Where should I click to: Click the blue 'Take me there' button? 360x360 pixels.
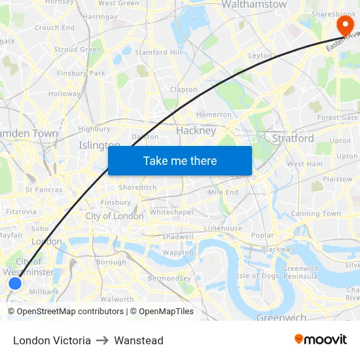click(x=180, y=160)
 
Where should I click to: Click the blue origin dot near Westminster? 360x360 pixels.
click(x=15, y=283)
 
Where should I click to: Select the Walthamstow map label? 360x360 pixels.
click(x=255, y=5)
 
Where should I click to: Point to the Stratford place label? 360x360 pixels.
click(x=293, y=138)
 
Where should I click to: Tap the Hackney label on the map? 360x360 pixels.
click(x=196, y=130)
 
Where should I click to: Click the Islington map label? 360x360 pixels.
click(x=99, y=145)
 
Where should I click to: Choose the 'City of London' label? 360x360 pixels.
click(x=115, y=216)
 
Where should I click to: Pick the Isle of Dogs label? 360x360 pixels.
click(x=258, y=275)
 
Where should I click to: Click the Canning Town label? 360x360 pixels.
click(x=315, y=213)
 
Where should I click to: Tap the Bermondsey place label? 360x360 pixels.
click(x=169, y=278)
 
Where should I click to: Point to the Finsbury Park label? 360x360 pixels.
click(x=81, y=73)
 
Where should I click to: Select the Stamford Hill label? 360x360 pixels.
click(x=157, y=52)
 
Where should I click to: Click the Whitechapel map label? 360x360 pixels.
click(x=171, y=213)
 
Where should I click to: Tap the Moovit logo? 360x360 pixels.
click(x=320, y=339)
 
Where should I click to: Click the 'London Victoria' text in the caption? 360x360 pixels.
click(x=52, y=340)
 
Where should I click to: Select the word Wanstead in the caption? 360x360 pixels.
click(x=139, y=340)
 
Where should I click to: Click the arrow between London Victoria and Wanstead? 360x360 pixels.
click(x=102, y=340)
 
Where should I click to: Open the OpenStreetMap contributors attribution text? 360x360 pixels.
click(x=65, y=312)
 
